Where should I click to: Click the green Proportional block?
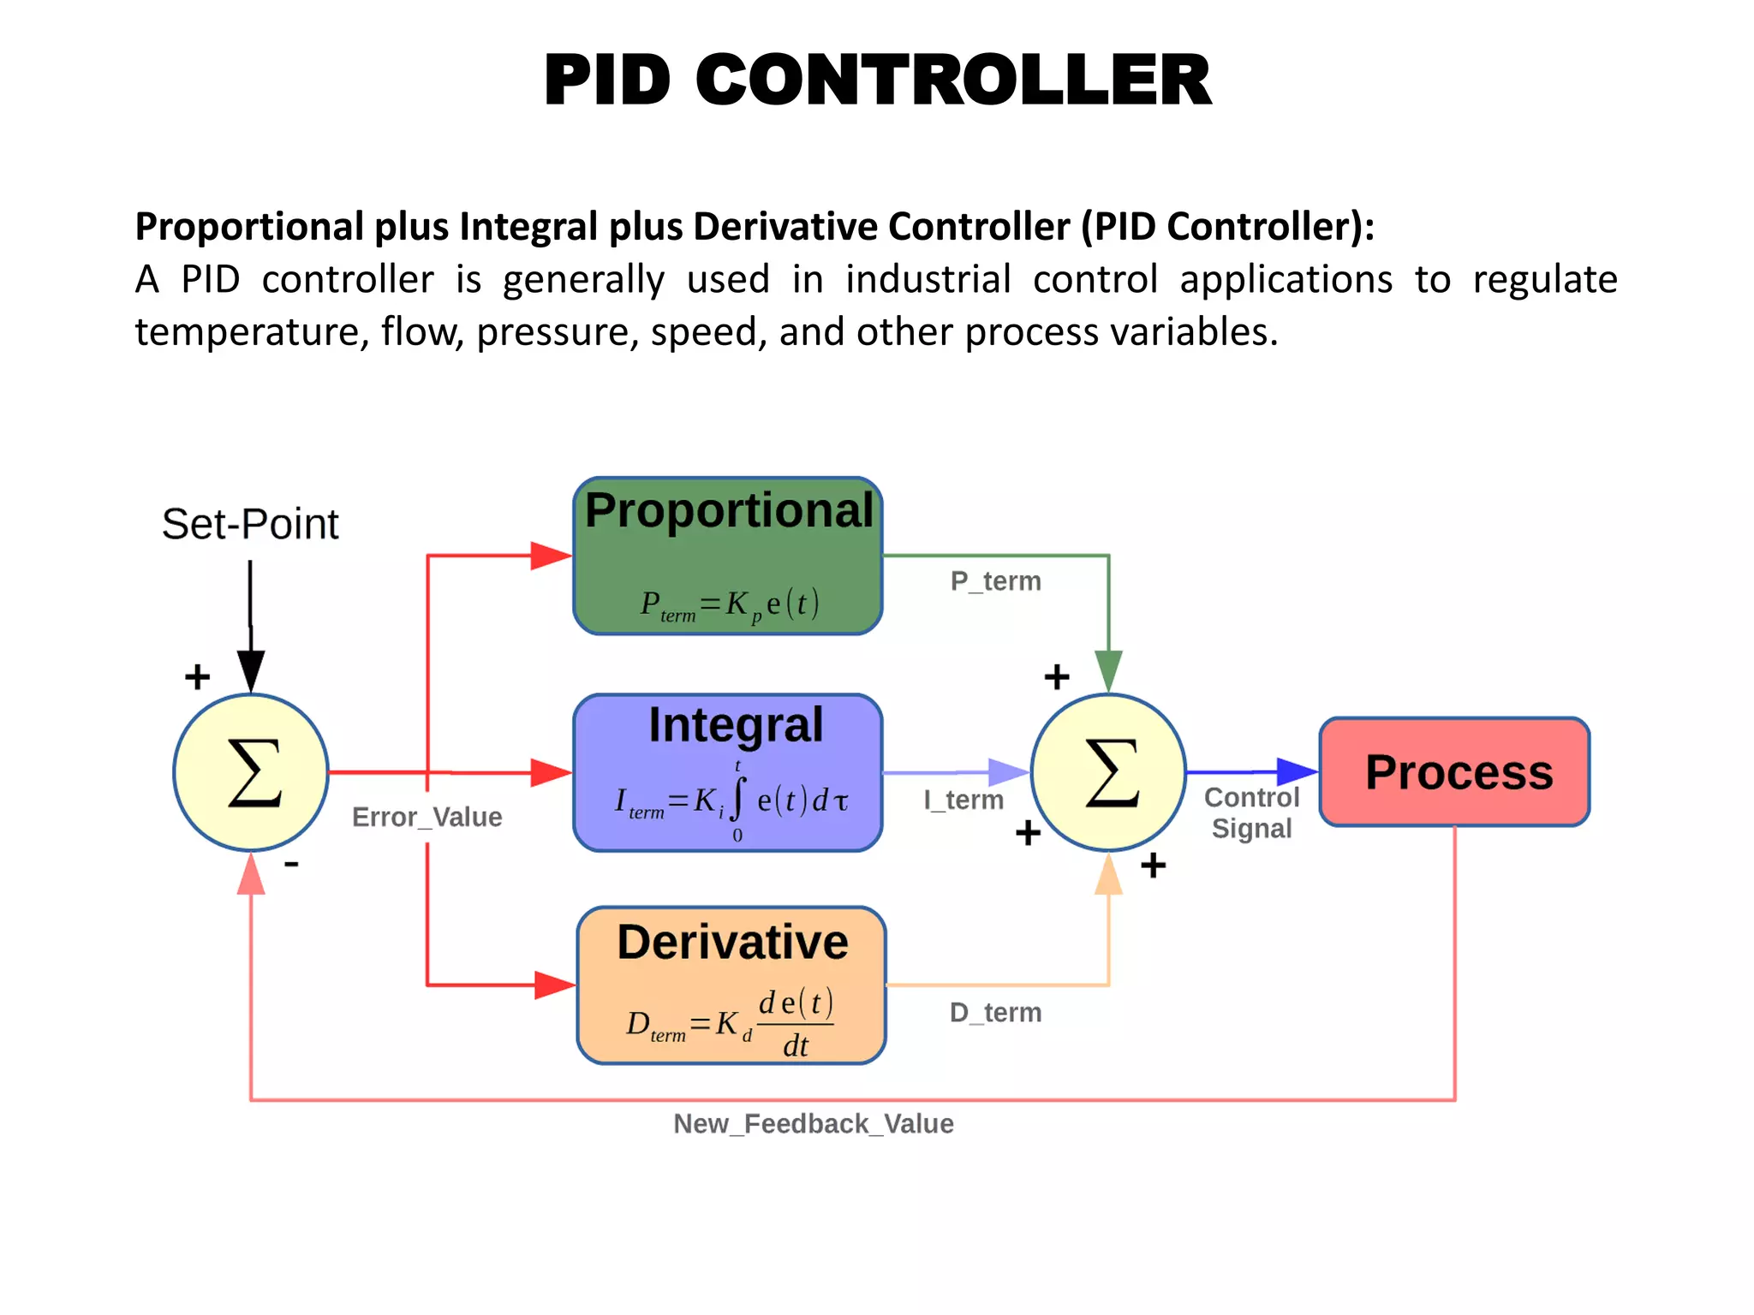(728, 556)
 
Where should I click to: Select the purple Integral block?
(728, 773)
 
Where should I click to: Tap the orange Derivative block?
(731, 985)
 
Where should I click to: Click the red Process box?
(1454, 772)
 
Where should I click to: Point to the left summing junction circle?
(251, 772)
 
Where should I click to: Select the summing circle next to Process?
(1108, 772)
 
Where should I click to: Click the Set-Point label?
(250, 524)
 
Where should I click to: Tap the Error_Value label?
(427, 817)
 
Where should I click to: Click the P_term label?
(995, 581)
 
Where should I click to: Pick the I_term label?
(963, 800)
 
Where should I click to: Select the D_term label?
(995, 1013)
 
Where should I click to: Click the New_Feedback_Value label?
(813, 1123)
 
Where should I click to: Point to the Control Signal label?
(1251, 812)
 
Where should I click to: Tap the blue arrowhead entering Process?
(1297, 771)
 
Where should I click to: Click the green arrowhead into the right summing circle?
(1108, 670)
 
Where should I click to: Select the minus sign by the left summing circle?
(291, 865)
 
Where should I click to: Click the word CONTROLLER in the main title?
(953, 80)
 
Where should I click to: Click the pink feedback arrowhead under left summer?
(251, 875)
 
